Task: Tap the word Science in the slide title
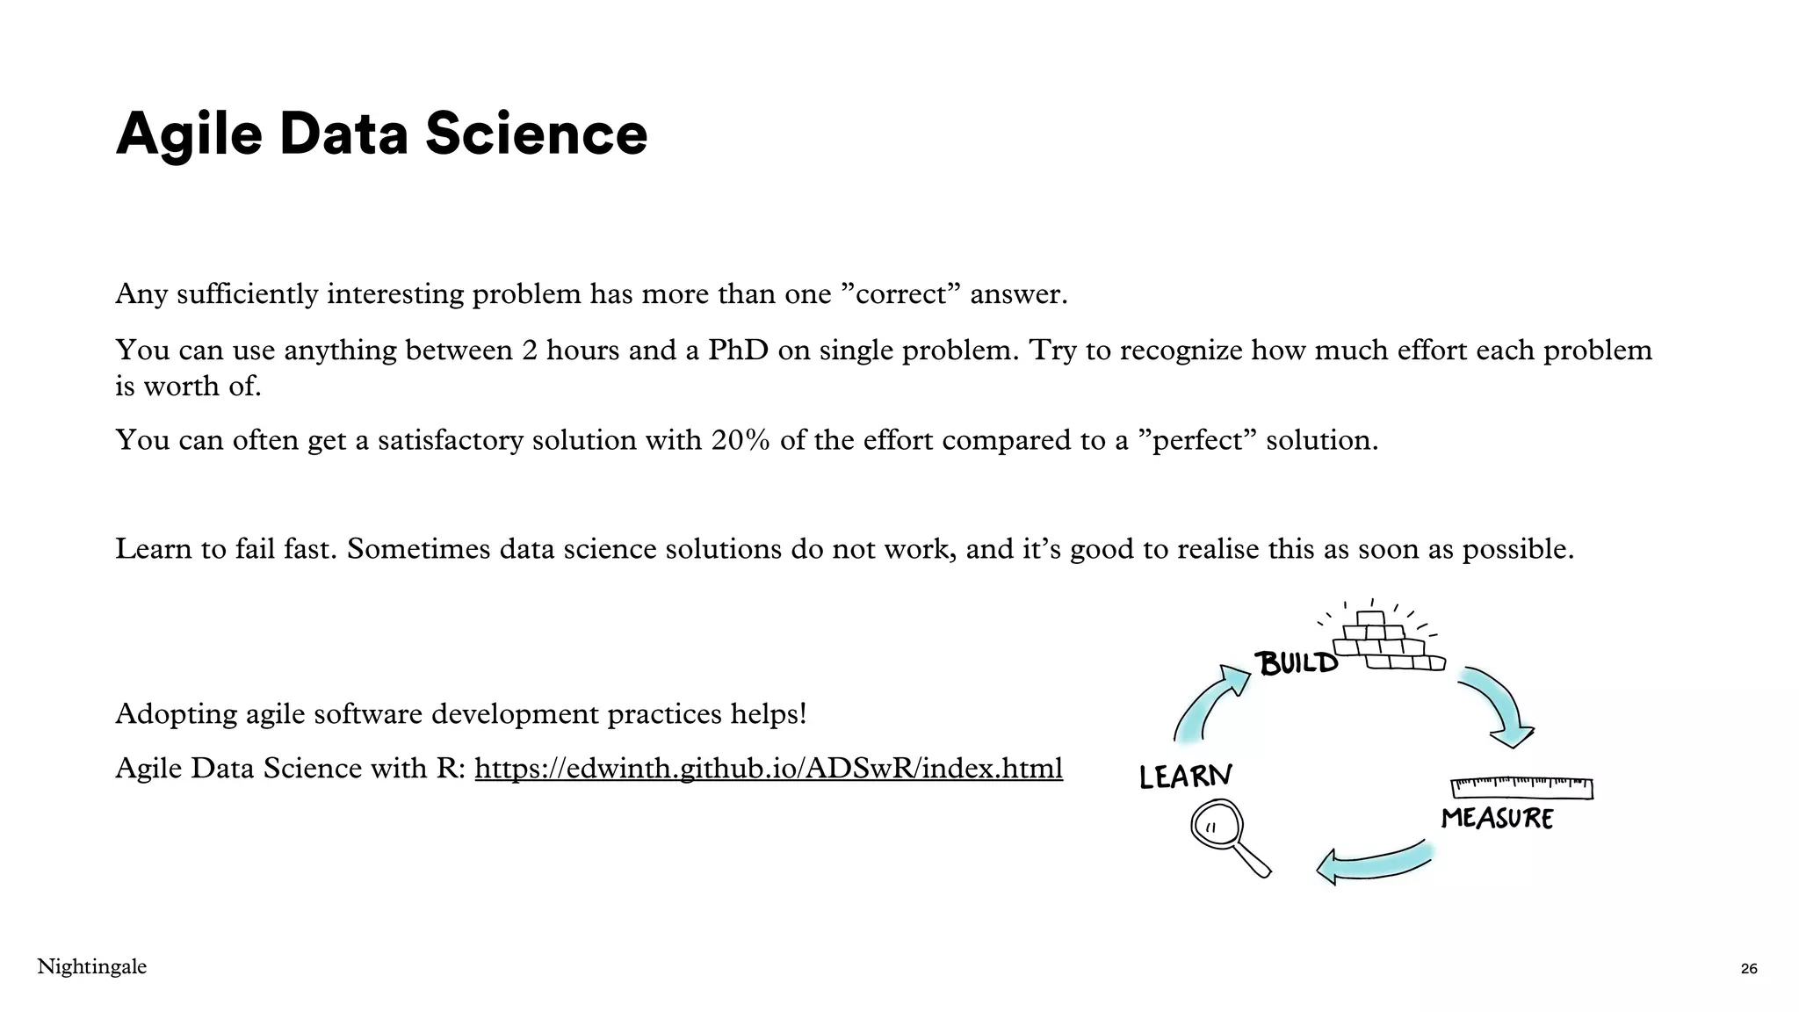tap(536, 134)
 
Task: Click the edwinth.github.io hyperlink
tap(769, 769)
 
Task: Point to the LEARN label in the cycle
tap(1186, 777)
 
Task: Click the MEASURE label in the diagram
tap(1497, 819)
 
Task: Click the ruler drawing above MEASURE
tap(1521, 786)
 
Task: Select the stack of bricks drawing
tap(1389, 643)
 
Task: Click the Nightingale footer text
tap(92, 967)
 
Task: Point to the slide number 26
tap(1748, 969)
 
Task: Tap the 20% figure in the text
tap(741, 440)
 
